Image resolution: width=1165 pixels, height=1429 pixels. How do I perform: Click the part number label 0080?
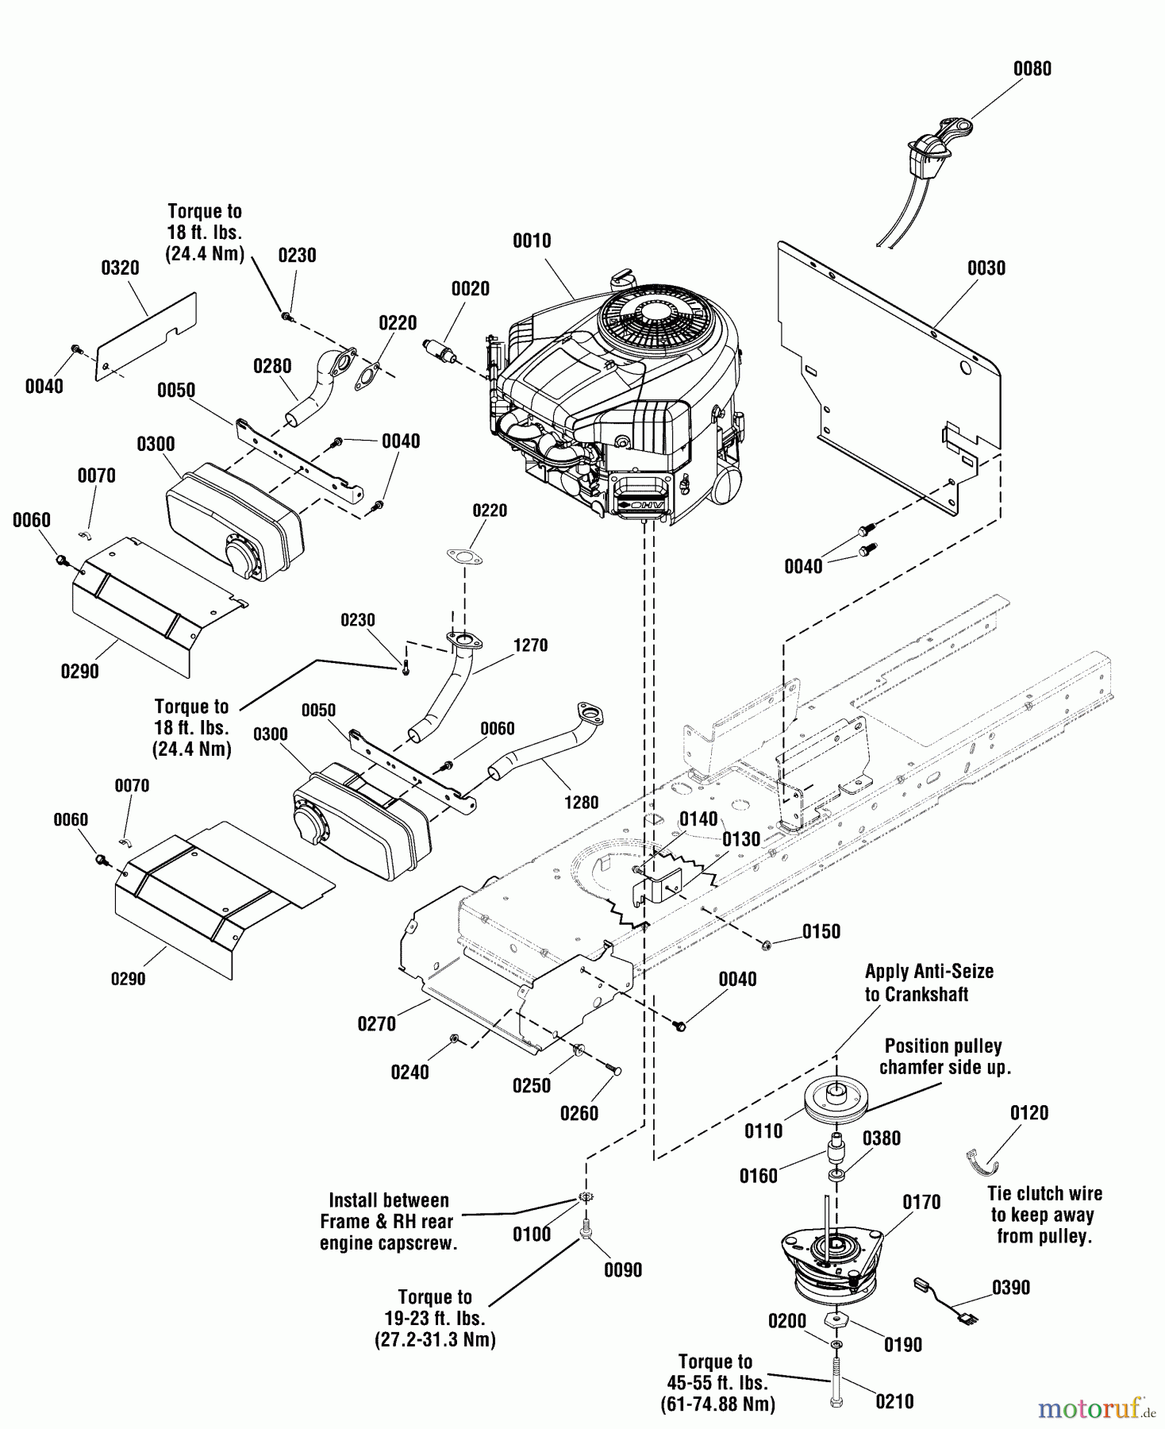point(1032,69)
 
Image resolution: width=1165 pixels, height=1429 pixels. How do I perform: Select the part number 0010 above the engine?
point(532,241)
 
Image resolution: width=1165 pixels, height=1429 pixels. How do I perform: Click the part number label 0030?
point(986,268)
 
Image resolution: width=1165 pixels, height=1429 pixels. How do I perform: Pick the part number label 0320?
point(121,268)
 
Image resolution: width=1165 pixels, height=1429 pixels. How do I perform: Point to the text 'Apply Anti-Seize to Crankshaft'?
point(929,983)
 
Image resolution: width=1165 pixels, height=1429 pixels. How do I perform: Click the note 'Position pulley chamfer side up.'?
point(944,1057)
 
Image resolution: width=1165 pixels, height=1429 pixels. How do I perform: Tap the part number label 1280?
point(581,803)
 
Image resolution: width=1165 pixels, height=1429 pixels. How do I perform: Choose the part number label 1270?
point(530,645)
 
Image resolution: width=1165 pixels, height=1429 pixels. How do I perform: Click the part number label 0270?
point(377,1024)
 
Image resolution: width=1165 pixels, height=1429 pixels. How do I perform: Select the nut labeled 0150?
point(767,946)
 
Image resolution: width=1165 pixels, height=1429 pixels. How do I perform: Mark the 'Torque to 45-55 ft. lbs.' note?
point(716,1373)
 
